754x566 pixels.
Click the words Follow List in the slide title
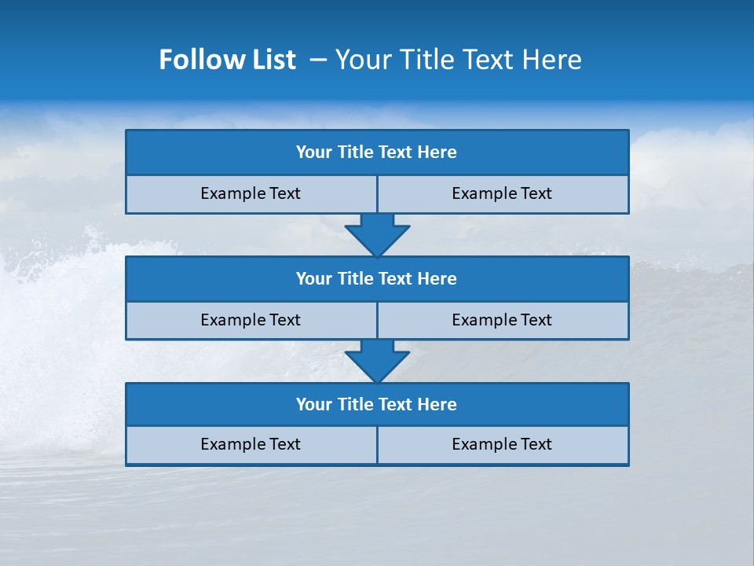click(227, 60)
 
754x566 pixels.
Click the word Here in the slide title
click(552, 60)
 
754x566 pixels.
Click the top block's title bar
click(377, 153)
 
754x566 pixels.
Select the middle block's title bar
click(377, 279)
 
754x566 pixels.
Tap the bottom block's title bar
click(377, 405)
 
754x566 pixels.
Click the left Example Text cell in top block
click(251, 194)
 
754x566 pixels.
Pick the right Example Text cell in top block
click(503, 194)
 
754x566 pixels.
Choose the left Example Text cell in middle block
click(251, 320)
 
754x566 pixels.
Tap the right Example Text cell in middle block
click(503, 320)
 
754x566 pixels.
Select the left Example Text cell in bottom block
click(251, 445)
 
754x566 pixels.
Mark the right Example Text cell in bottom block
click(503, 445)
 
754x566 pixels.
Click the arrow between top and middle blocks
click(377, 234)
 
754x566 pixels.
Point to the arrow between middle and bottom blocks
click(377, 361)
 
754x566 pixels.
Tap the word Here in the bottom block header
click(437, 405)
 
